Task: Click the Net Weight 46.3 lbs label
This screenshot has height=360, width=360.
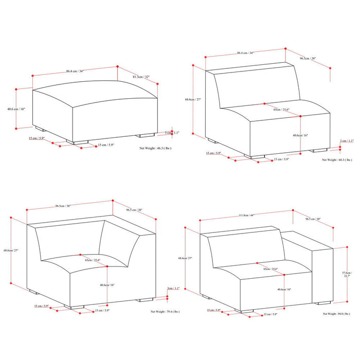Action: tap(155, 148)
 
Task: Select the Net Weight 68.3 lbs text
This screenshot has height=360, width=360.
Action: tap(337, 160)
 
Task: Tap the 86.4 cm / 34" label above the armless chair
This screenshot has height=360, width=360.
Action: tap(245, 53)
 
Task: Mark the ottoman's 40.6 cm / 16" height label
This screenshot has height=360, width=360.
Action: tap(16, 109)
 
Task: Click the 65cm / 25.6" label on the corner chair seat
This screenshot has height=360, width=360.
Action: tap(93, 260)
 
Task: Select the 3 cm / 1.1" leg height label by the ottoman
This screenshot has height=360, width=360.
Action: tap(175, 133)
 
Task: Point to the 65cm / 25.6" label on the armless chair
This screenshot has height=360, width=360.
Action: tap(281, 110)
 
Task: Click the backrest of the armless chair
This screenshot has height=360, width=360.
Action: tap(257, 87)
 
